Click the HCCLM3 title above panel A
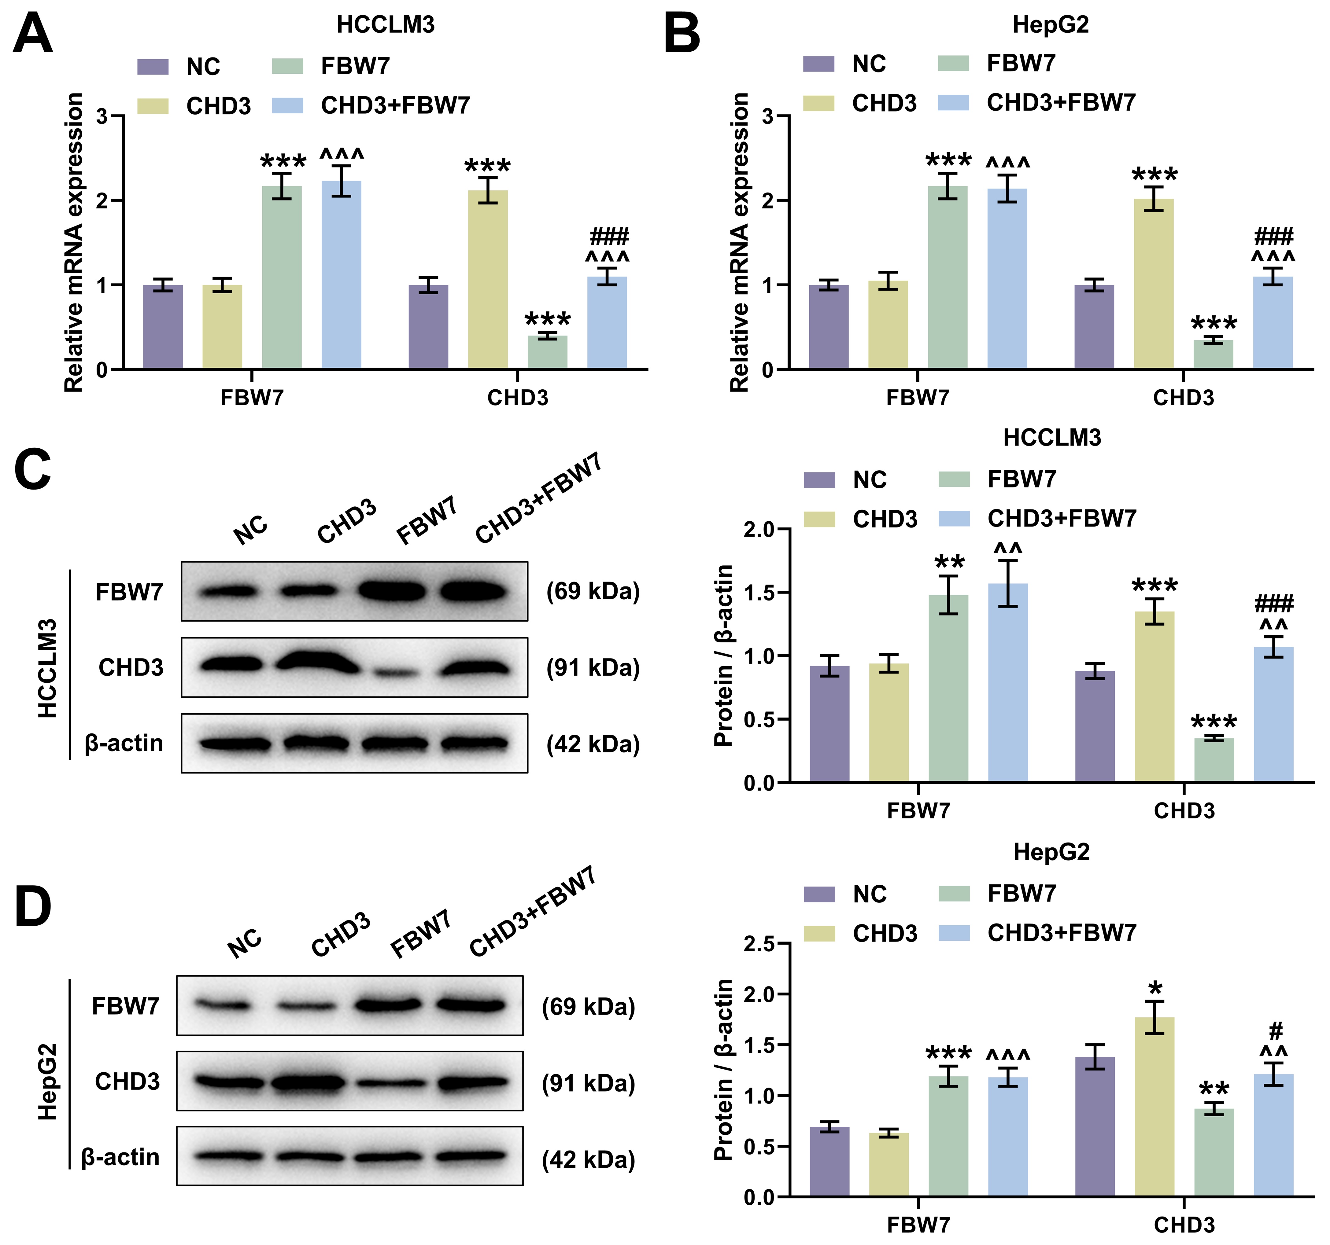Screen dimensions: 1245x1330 [x=385, y=25]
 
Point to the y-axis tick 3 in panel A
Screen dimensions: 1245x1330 [x=102, y=116]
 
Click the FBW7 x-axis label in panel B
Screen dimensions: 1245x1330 [x=917, y=398]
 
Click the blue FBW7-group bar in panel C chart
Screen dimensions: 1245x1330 [x=1007, y=682]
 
